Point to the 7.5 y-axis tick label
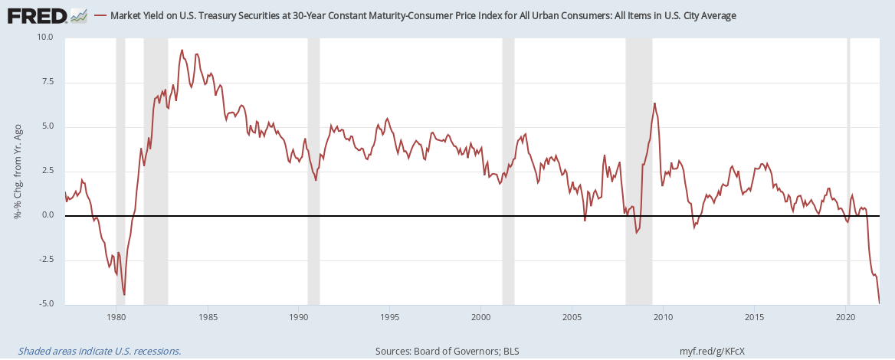pyautogui.click(x=47, y=82)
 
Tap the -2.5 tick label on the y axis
pyautogui.click(x=45, y=260)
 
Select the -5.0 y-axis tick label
pyautogui.click(x=45, y=304)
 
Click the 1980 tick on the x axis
pyautogui.click(x=116, y=316)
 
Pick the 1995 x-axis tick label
pyautogui.click(x=389, y=316)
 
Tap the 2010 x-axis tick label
pyautogui.click(x=663, y=316)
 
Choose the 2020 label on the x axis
pyautogui.click(x=845, y=316)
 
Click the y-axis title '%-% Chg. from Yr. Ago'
pyautogui.click(x=17, y=170)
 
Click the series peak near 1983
pyautogui.click(x=182, y=51)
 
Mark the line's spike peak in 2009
pyautogui.click(x=654, y=103)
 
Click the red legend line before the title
pyautogui.click(x=100, y=15)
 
